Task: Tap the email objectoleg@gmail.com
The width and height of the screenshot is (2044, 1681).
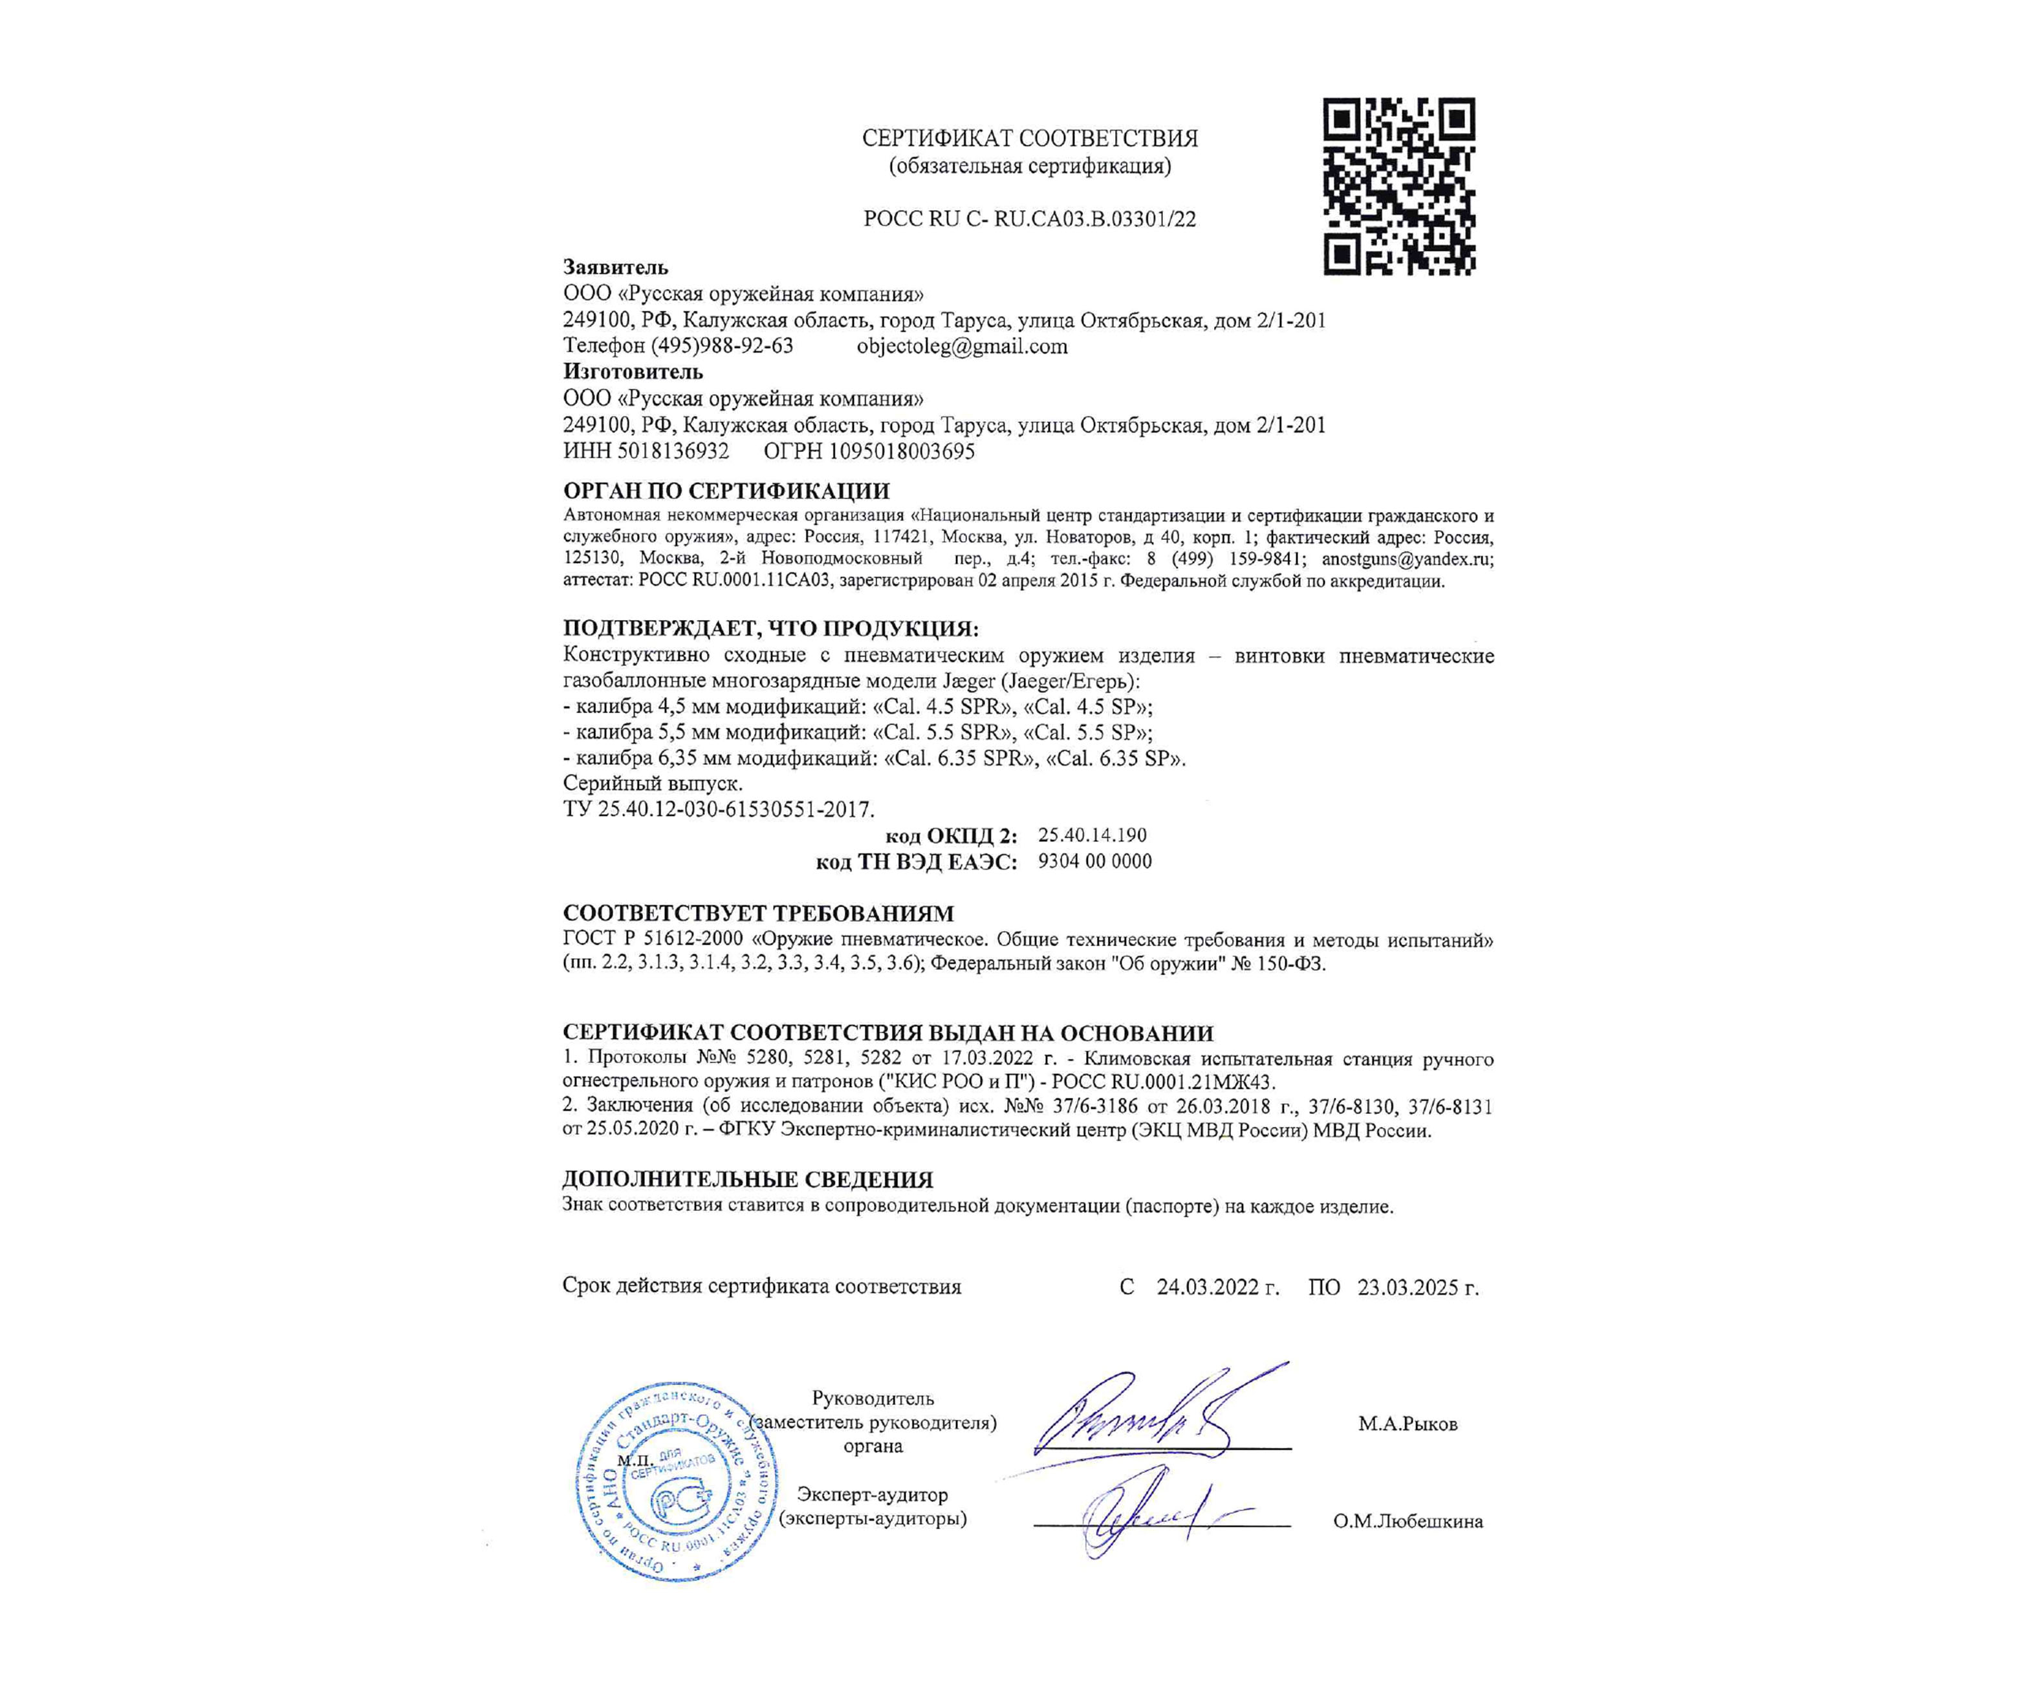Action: (962, 347)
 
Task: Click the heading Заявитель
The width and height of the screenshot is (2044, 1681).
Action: (615, 267)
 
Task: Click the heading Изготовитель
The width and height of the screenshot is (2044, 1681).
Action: (633, 372)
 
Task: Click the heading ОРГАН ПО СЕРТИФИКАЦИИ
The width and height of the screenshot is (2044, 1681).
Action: (726, 491)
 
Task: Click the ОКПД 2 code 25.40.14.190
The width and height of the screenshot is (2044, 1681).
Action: (1092, 835)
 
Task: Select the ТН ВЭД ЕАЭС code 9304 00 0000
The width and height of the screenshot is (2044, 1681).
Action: (1094, 861)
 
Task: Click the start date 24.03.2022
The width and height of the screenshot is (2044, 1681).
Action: (1217, 1287)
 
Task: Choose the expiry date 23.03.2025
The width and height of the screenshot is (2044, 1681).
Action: (1417, 1287)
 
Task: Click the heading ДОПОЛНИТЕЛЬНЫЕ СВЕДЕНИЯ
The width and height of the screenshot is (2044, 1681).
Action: (747, 1179)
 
